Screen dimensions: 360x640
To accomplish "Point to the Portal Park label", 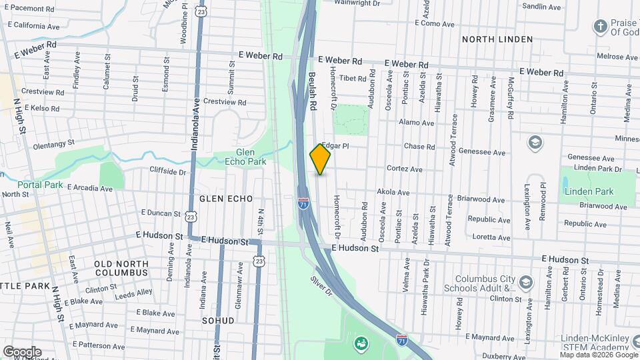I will click(x=41, y=184).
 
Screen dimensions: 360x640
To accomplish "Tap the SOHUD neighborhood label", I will click(x=218, y=321).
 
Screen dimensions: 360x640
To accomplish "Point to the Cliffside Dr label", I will click(x=167, y=171).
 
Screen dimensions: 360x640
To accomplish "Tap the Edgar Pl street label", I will click(x=335, y=145).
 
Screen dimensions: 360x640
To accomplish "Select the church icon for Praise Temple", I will click(x=599, y=26).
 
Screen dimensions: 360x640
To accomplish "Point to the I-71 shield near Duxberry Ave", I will click(x=401, y=339).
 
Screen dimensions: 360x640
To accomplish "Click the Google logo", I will click(x=22, y=351).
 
